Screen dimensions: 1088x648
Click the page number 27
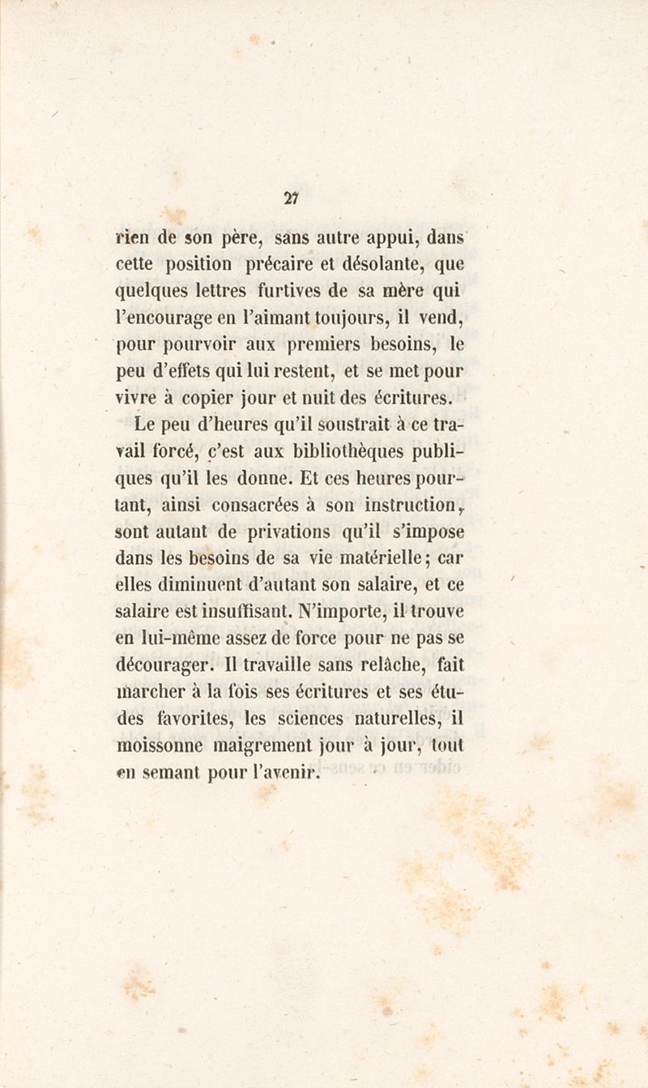coord(292,196)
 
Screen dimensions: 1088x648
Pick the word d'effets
coord(181,372)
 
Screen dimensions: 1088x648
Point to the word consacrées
coord(258,505)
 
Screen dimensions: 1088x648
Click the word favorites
coord(194,718)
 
